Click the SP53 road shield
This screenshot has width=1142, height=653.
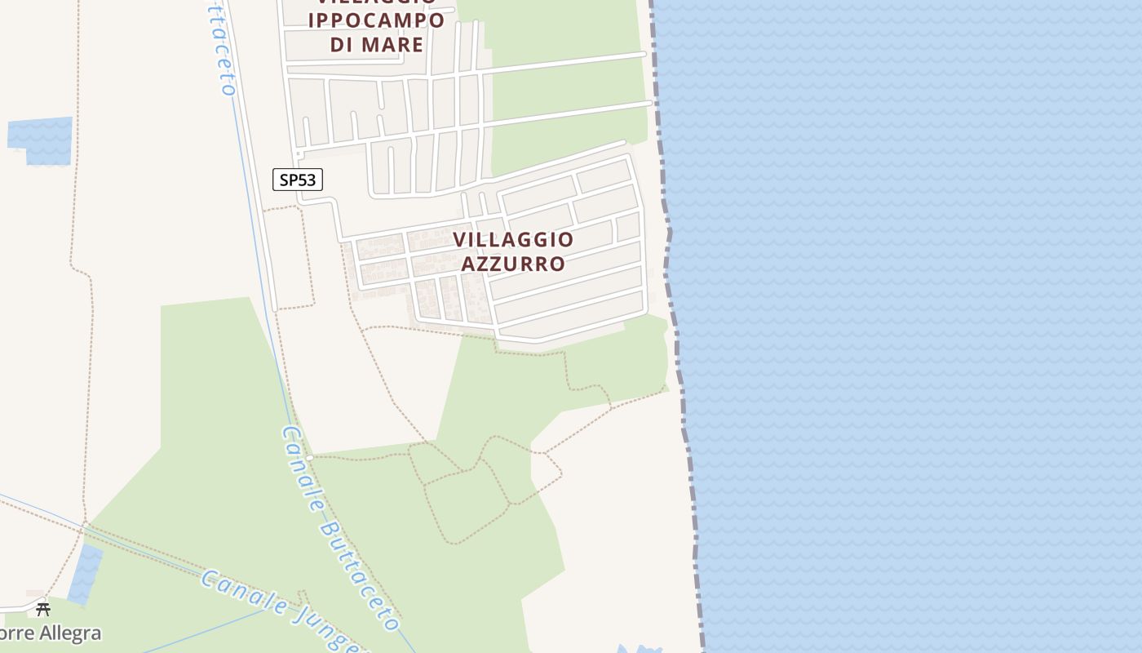pyautogui.click(x=298, y=180)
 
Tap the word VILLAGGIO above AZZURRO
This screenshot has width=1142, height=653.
pyautogui.click(x=513, y=239)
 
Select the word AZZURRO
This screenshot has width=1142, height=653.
pyautogui.click(x=513, y=264)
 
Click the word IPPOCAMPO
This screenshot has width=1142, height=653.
pyautogui.click(x=377, y=20)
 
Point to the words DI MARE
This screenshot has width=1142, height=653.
pyautogui.click(x=377, y=44)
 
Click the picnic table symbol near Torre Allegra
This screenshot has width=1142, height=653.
pyautogui.click(x=43, y=609)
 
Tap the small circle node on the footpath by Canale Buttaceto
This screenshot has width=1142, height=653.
pyautogui.click(x=309, y=458)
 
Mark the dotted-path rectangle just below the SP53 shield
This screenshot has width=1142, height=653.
pyautogui.click(x=290, y=258)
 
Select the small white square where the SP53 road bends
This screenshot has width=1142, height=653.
pyautogui.click(x=299, y=153)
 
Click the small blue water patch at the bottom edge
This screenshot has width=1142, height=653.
pyautogui.click(x=636, y=649)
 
